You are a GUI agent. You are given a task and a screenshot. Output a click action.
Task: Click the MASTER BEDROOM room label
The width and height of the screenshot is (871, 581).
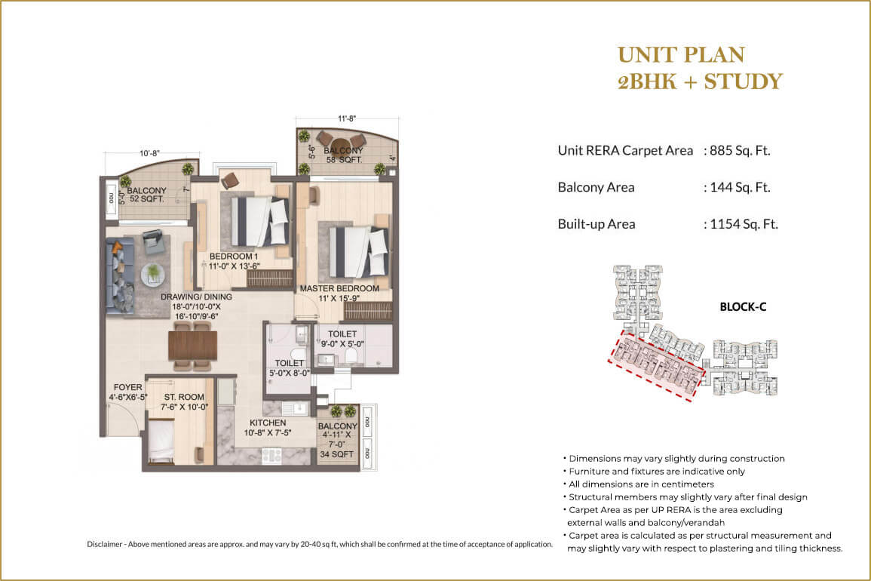[x=339, y=288]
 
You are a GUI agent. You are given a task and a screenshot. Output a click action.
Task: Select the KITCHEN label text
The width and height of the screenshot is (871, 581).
[x=268, y=423]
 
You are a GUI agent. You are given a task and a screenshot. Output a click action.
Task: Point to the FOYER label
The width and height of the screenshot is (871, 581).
[x=128, y=387]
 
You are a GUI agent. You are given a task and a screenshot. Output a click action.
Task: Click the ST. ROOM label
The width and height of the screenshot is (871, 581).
[x=179, y=396]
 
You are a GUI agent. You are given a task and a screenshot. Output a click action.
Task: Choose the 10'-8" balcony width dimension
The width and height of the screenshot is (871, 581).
[x=150, y=153]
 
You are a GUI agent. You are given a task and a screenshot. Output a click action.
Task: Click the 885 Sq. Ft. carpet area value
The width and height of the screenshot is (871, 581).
[x=739, y=150]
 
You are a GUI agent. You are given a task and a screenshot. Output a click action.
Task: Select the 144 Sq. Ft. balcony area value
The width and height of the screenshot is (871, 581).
[x=739, y=187]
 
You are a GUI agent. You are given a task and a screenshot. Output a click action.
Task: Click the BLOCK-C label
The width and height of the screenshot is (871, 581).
[x=742, y=307]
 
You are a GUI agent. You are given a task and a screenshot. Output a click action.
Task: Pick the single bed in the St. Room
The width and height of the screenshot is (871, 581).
[x=161, y=442]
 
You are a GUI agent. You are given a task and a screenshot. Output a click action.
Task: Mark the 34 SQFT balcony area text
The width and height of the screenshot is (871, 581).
[x=337, y=453]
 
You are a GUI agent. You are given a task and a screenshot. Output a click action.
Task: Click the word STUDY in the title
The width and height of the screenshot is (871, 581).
[x=743, y=81]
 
